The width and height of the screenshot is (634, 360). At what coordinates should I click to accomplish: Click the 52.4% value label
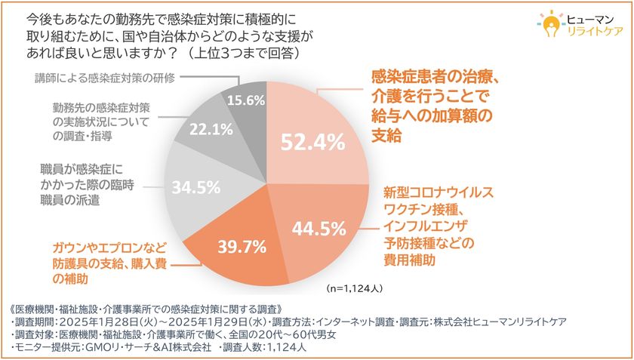point(312,140)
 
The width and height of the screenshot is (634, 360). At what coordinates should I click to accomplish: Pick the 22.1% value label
point(206,129)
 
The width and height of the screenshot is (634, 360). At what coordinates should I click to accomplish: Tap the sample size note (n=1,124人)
point(355,288)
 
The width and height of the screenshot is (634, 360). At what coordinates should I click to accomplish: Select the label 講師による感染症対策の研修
point(105,78)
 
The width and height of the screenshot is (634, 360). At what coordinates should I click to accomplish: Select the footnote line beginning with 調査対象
point(189,334)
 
